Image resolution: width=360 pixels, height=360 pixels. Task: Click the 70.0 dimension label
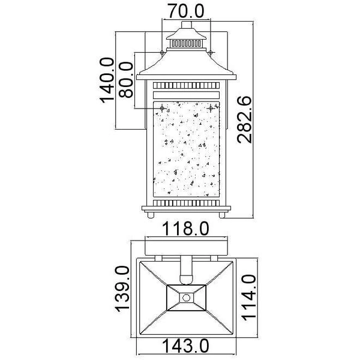[x=186, y=11]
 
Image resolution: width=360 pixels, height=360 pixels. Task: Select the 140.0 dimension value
[x=107, y=80]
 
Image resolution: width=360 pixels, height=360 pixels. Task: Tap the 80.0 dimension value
[x=126, y=80]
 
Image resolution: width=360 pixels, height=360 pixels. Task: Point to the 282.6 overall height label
[x=244, y=120]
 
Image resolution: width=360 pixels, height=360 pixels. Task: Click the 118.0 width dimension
[x=186, y=229]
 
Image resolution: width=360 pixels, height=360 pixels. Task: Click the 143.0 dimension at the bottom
[x=186, y=346]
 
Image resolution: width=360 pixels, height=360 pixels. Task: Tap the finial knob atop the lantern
[x=186, y=25]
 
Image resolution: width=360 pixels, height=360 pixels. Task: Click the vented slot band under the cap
[x=186, y=43]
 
